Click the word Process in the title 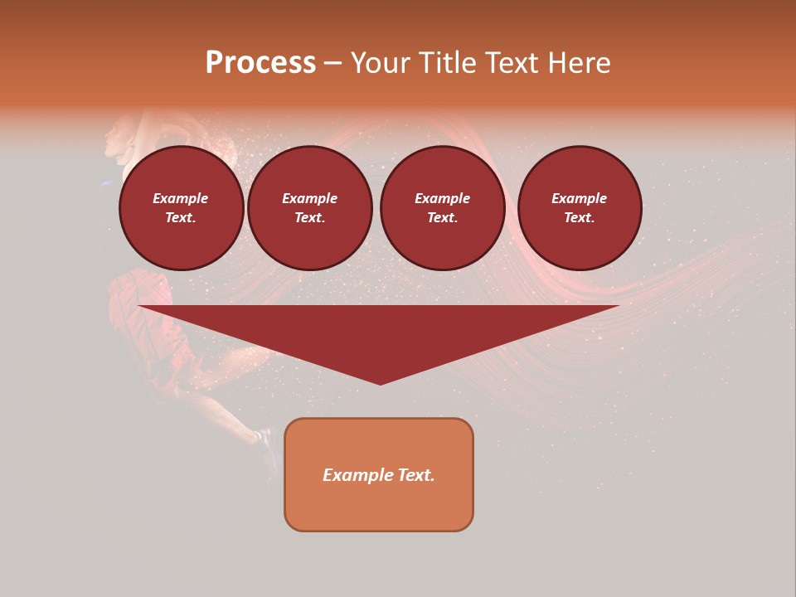coord(260,63)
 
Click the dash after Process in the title coord(332,64)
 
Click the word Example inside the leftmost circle coord(181,198)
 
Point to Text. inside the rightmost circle coord(580,217)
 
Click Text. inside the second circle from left coord(310,217)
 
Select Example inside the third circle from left coord(443,198)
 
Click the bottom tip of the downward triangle coord(381,382)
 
